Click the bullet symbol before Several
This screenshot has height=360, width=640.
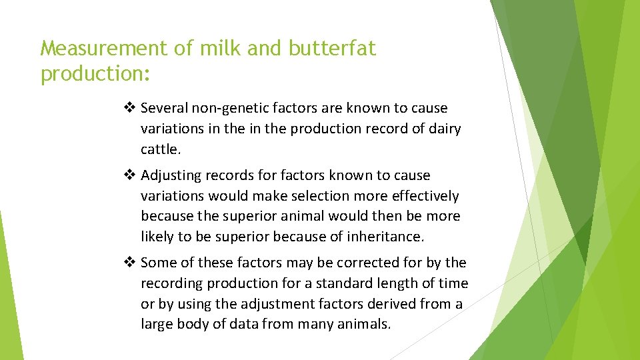click(131, 108)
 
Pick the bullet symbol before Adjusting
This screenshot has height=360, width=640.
click(131, 175)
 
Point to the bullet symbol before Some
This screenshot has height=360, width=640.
click(131, 263)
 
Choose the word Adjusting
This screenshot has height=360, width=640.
click(172, 175)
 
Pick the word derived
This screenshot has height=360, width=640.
click(394, 304)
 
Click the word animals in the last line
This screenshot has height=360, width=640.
click(365, 325)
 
